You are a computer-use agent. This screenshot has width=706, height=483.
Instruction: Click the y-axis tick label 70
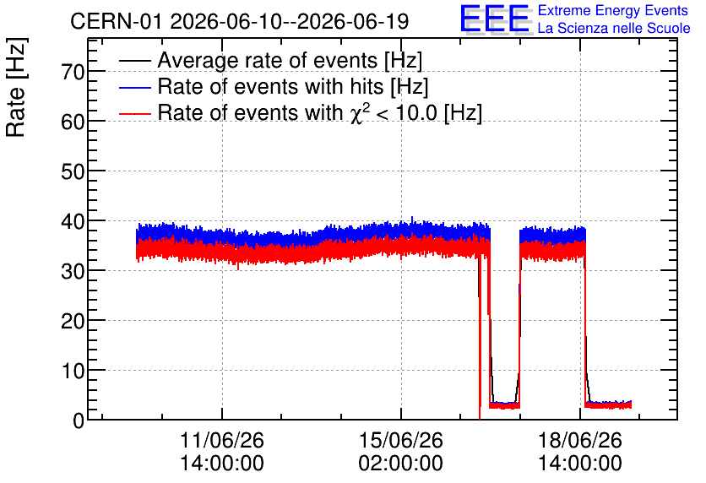tap(73, 72)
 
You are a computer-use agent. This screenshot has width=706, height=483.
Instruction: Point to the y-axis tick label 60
tap(73, 122)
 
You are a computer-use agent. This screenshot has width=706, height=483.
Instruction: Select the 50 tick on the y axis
tap(73, 171)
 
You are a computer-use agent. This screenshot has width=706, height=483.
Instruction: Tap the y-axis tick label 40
tap(73, 221)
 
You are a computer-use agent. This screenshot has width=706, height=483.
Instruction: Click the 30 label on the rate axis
tap(73, 271)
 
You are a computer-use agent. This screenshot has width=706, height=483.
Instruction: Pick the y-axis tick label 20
tap(73, 322)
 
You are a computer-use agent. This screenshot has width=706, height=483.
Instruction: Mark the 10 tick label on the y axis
tap(73, 372)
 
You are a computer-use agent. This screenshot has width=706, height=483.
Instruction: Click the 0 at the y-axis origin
tap(79, 421)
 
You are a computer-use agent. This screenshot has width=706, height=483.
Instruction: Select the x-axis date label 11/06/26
tap(222, 440)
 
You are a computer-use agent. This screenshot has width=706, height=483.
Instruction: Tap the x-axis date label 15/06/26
tap(401, 440)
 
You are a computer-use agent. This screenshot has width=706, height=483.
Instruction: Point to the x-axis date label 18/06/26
tap(580, 440)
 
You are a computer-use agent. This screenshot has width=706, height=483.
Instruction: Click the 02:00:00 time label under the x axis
tap(401, 463)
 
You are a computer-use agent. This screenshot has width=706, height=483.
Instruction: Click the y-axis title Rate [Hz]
tap(16, 87)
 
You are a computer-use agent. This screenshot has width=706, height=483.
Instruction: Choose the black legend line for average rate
tap(135, 61)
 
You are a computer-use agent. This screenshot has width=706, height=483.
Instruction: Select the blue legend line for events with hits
tap(135, 87)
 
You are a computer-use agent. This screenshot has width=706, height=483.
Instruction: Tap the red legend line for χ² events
tap(135, 113)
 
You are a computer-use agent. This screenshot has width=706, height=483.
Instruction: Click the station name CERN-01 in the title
tap(116, 21)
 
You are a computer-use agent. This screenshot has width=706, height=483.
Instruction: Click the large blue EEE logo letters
tap(495, 19)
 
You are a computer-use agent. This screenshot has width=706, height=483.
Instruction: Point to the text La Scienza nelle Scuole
tap(614, 29)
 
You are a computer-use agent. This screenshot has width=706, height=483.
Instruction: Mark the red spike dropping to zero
tap(480, 338)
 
